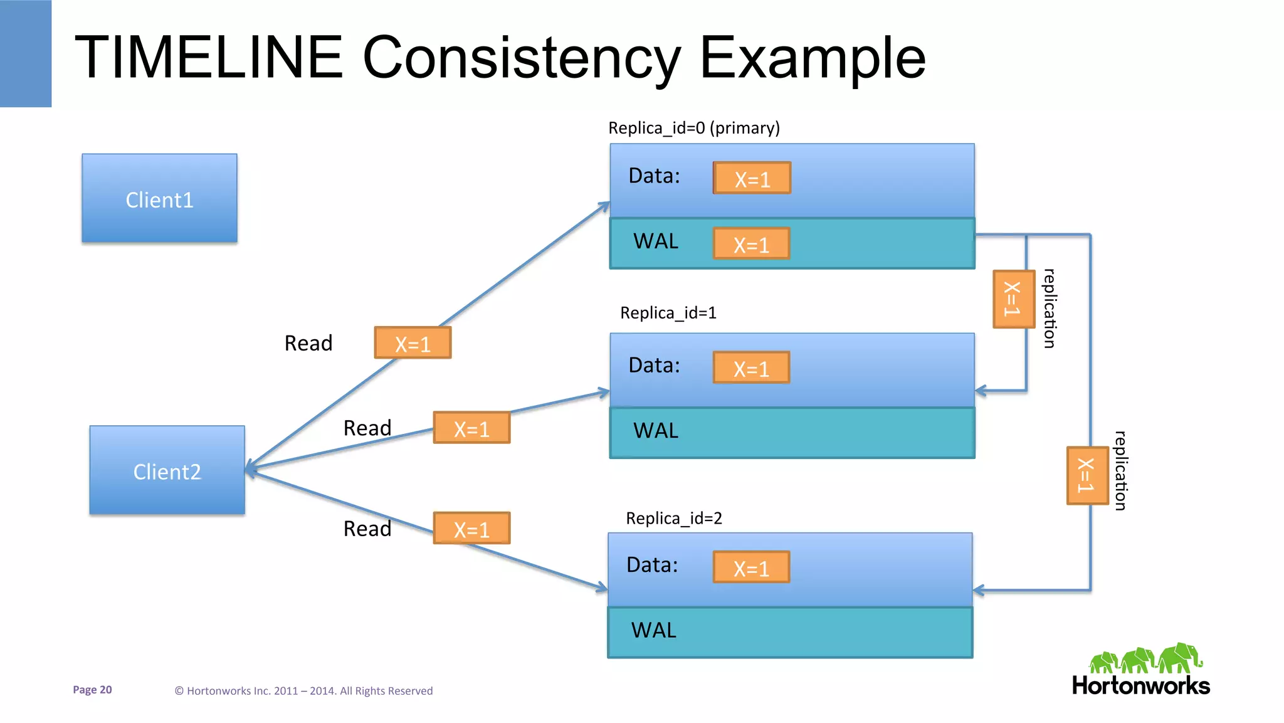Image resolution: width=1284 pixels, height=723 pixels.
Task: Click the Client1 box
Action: pyautogui.click(x=159, y=199)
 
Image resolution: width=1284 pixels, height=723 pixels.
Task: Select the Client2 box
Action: pyautogui.click(x=167, y=470)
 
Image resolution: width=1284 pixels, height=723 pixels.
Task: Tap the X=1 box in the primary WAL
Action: pyautogui.click(x=751, y=244)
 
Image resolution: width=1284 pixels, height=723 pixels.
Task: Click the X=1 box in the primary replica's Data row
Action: pyautogui.click(x=752, y=179)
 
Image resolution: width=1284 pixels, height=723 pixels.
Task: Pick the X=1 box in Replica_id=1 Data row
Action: pyautogui.click(x=751, y=368)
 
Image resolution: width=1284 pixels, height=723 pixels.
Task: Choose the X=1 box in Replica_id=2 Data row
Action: pyautogui.click(x=751, y=567)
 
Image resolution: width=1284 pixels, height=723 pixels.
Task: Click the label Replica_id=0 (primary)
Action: pyautogui.click(x=694, y=128)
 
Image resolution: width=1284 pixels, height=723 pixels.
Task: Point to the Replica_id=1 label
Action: pyautogui.click(x=668, y=312)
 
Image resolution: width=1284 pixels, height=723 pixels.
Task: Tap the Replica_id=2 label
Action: pyautogui.click(x=674, y=518)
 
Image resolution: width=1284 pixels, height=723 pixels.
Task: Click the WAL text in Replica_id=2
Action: pyautogui.click(x=653, y=630)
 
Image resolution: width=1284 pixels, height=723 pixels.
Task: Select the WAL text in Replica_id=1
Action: pyautogui.click(x=656, y=431)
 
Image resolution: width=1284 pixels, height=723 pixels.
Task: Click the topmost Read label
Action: pyautogui.click(x=308, y=343)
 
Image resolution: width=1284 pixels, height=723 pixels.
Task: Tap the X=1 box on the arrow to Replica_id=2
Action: pyautogui.click(x=471, y=529)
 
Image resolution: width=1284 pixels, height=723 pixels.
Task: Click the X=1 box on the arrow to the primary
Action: pyautogui.click(x=413, y=343)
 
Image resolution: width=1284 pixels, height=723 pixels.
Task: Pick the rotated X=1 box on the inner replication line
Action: pyautogui.click(x=1013, y=299)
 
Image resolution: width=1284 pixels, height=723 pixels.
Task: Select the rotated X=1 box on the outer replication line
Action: pyautogui.click(x=1087, y=475)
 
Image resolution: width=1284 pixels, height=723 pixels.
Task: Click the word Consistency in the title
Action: pyautogui.click(x=521, y=58)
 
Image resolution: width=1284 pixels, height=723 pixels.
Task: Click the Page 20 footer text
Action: pyautogui.click(x=92, y=690)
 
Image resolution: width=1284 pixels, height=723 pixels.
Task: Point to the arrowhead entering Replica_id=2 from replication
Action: pyautogui.click(x=978, y=590)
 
